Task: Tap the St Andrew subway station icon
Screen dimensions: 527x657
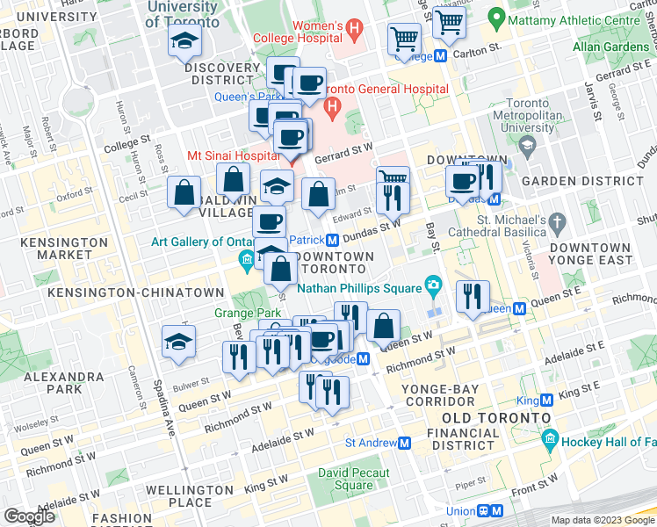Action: pyautogui.click(x=404, y=444)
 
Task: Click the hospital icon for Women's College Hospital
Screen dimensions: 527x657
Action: pyautogui.click(x=354, y=30)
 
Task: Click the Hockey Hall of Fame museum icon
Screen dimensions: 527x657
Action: pyautogui.click(x=550, y=437)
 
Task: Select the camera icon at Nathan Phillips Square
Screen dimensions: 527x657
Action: pyautogui.click(x=432, y=285)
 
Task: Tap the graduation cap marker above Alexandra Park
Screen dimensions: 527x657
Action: pyautogui.click(x=178, y=342)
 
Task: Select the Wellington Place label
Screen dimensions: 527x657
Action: pyautogui.click(x=191, y=495)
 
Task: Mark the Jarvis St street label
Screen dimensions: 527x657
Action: pyautogui.click(x=598, y=99)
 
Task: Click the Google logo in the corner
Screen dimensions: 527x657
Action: pyautogui.click(x=29, y=516)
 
